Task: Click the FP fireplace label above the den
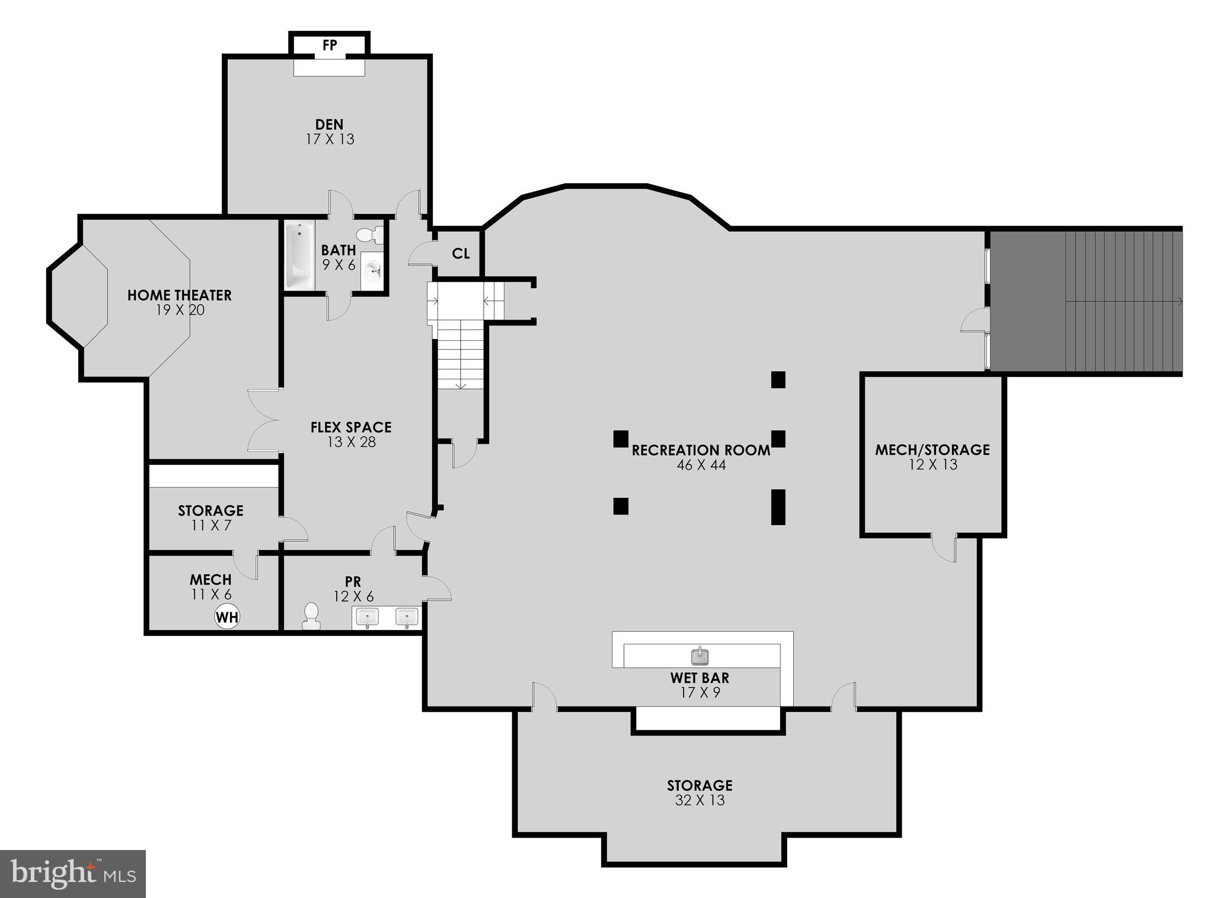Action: point(330,45)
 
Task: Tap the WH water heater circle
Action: point(227,617)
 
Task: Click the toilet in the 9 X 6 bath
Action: point(372,235)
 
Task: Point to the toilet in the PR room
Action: point(311,616)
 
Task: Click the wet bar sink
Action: point(700,656)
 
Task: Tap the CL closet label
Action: point(461,254)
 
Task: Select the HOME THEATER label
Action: point(180,295)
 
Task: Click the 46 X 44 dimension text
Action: point(701,465)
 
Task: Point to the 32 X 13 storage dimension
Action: point(699,801)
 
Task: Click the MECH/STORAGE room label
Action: point(932,450)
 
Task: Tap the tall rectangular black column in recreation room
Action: point(778,507)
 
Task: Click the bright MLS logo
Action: point(72,874)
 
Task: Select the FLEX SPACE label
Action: point(351,427)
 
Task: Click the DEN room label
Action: point(329,124)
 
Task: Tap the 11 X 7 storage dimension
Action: point(211,525)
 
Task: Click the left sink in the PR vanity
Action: point(367,617)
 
